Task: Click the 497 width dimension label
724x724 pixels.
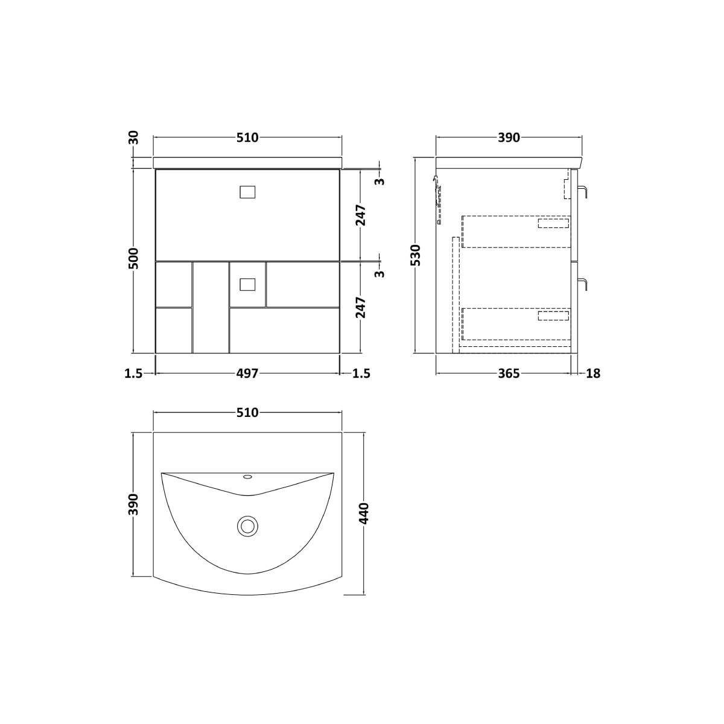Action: [x=247, y=373]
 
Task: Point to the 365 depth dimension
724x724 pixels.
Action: [x=509, y=373]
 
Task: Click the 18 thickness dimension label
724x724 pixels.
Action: [x=593, y=373]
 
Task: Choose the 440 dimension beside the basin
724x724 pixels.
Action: [x=364, y=513]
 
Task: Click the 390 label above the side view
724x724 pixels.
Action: [x=509, y=138]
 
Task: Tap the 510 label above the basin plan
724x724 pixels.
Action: [x=247, y=413]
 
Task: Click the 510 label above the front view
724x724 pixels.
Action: [x=247, y=138]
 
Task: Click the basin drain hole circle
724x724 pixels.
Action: [x=247, y=526]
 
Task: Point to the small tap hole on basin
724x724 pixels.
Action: [x=247, y=477]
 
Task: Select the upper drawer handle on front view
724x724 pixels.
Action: [x=247, y=192]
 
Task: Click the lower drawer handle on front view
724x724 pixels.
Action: [x=247, y=284]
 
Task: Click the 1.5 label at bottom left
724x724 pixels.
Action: [x=134, y=373]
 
